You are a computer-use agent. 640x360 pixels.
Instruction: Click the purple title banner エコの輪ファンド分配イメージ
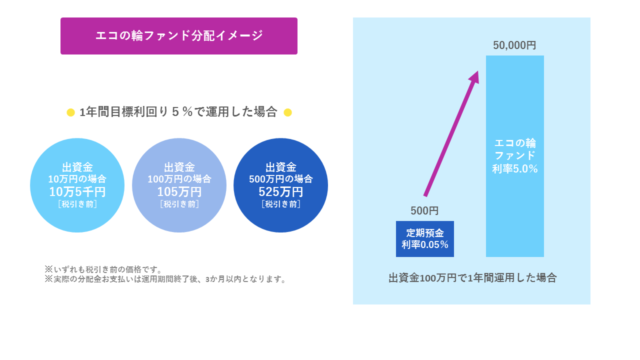pos(179,36)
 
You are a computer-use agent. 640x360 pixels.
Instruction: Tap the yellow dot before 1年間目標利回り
pos(70,112)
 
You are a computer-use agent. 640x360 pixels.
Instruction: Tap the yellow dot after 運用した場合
pos(287,112)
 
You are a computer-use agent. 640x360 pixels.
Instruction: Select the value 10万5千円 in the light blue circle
pos(77,191)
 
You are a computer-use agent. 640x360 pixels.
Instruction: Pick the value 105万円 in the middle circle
pos(179,191)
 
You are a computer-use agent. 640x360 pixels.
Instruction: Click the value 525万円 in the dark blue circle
pos(281,191)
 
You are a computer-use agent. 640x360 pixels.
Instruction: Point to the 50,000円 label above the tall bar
pos(514,45)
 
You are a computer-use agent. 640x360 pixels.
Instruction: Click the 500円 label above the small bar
pos(424,211)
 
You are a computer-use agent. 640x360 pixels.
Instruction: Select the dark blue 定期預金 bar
pos(425,239)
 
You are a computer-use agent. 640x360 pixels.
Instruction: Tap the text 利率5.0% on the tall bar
pos(515,169)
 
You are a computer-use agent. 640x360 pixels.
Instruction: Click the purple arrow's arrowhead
pos(475,76)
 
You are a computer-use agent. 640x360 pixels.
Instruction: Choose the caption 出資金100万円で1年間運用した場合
pos(472,277)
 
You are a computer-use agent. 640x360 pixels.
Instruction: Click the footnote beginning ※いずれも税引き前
pos(103,269)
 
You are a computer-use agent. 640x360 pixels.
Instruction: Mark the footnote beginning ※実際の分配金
pos(165,279)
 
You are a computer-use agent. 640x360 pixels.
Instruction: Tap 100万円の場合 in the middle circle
pos(179,179)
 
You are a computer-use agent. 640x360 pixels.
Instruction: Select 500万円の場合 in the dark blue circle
pos(281,179)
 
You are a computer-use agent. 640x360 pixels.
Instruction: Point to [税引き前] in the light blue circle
pos(77,204)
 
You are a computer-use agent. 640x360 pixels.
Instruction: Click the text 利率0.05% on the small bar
pos(425,245)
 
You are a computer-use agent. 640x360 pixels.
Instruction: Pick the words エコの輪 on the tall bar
pos(515,143)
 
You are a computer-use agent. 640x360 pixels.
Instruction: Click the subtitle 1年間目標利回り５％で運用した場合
pos(178,111)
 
